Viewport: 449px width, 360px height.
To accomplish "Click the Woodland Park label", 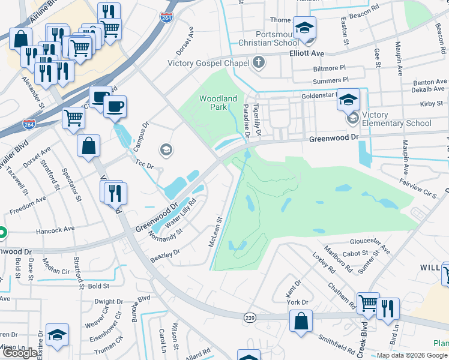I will tap(218, 103).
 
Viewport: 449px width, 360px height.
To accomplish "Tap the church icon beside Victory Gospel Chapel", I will tap(259, 62).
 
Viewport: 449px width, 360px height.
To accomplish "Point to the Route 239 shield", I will tap(250, 316).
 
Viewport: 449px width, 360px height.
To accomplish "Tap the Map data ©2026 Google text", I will tap(412, 355).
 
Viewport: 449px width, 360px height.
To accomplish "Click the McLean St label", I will tap(215, 232).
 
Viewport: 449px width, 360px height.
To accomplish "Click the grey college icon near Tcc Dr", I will tap(166, 149).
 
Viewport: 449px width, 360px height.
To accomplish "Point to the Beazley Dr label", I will tap(165, 254).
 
